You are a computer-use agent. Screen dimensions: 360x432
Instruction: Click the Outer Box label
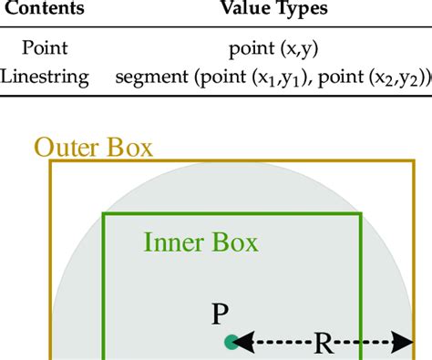[x=93, y=147]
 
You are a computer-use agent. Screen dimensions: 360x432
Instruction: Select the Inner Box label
[x=201, y=242]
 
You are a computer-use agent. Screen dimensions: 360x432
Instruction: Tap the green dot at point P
[x=231, y=343]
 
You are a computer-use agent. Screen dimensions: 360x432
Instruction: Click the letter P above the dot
[x=220, y=314]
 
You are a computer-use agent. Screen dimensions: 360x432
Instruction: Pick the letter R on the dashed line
[x=324, y=344]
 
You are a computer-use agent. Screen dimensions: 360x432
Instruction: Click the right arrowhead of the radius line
[x=406, y=343]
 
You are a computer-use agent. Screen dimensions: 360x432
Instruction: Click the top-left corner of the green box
[x=104, y=213]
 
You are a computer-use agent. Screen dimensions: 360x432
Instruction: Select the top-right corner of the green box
[x=362, y=213]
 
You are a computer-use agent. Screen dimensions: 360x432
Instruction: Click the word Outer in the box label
[x=67, y=147]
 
